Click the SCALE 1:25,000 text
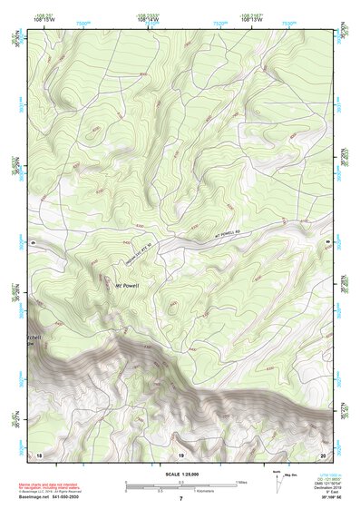(x=180, y=475)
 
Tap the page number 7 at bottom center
(x=180, y=499)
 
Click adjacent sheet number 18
(x=39, y=454)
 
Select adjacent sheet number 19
(x=180, y=454)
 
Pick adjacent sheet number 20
(x=323, y=454)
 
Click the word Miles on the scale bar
(x=241, y=482)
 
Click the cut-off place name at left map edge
(x=34, y=339)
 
